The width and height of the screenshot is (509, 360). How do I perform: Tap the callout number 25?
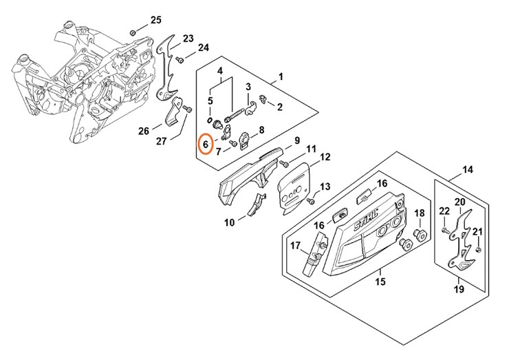click(156, 19)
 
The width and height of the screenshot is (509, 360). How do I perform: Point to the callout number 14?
click(468, 170)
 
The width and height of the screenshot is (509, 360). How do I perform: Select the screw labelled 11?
click(283, 162)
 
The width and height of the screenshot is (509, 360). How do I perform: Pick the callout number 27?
click(162, 141)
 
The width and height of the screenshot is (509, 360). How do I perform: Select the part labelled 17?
click(314, 254)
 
